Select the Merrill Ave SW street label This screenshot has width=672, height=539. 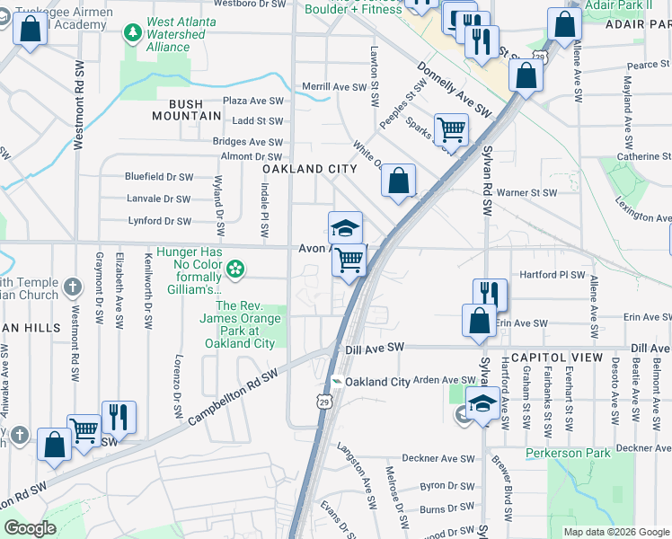[335, 87]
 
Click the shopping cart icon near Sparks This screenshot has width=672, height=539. [450, 128]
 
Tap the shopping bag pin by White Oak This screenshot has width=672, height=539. [398, 180]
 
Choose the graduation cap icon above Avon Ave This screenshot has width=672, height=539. [344, 226]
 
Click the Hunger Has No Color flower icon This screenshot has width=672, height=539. [235, 267]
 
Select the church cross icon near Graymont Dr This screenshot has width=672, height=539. [74, 288]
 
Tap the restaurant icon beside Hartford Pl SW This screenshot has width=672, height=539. [490, 293]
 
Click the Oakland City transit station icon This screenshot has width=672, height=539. [336, 382]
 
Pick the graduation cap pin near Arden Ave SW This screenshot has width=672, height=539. [482, 402]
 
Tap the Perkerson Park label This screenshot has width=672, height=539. [568, 454]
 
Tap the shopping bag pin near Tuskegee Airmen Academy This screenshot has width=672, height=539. [30, 28]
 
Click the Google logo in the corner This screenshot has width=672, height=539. [30, 528]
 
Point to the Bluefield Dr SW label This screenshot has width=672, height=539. [158, 177]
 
